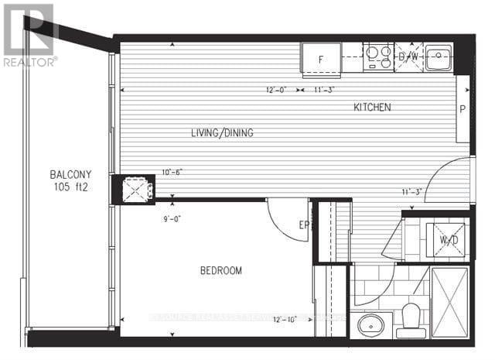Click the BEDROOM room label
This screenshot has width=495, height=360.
[221, 271]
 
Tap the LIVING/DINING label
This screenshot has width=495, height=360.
[222, 133]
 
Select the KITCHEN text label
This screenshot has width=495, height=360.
[373, 107]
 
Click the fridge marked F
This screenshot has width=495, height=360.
[320, 57]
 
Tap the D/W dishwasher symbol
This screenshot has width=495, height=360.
[408, 57]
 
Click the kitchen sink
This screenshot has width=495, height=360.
[439, 56]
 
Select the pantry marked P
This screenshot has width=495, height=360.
[462, 109]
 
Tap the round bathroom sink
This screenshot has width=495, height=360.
[366, 324]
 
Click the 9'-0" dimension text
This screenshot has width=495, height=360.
[172, 219]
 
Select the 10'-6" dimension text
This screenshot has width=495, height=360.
[172, 173]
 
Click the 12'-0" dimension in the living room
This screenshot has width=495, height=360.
[276, 90]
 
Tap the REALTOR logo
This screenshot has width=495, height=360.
[29, 35]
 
